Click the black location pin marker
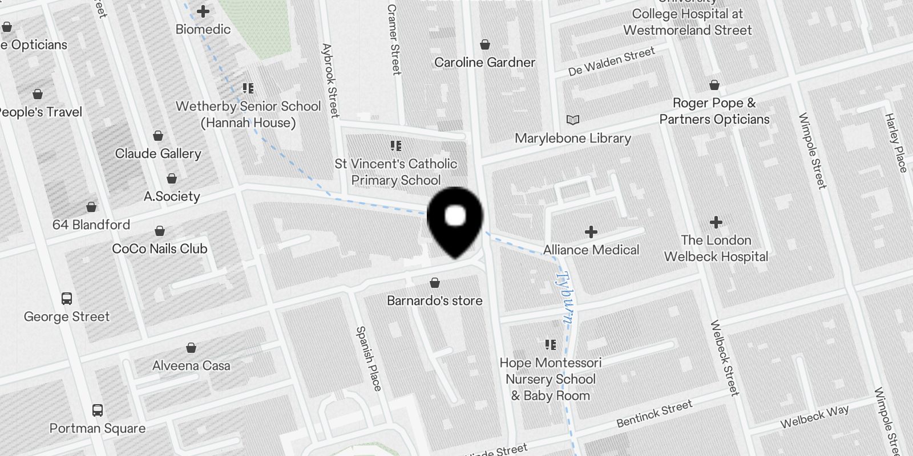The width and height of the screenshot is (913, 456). click(x=455, y=219)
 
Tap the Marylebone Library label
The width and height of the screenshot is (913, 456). click(x=572, y=138)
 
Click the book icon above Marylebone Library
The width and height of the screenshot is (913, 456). click(x=572, y=120)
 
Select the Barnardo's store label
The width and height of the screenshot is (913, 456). click(x=434, y=300)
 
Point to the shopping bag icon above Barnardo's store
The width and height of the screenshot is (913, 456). click(x=435, y=283)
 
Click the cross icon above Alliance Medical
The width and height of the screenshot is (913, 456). click(x=591, y=231)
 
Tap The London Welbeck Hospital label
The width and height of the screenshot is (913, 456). click(x=716, y=249)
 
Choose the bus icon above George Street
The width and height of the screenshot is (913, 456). click(x=67, y=299)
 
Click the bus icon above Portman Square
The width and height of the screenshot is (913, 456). click(x=98, y=410)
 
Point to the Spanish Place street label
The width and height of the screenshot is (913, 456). click(x=369, y=359)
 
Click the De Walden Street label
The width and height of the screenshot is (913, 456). click(x=611, y=62)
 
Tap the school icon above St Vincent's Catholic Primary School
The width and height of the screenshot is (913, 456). click(x=395, y=146)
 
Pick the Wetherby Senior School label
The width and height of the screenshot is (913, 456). click(x=248, y=114)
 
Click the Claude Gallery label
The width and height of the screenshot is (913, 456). click(x=158, y=153)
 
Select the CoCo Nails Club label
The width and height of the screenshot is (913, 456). click(x=160, y=249)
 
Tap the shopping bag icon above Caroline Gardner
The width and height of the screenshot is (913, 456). click(x=485, y=44)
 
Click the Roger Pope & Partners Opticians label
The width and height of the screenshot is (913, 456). click(x=714, y=111)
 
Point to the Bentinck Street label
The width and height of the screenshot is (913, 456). click(x=654, y=414)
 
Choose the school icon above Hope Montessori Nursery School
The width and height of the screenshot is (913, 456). click(x=551, y=345)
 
